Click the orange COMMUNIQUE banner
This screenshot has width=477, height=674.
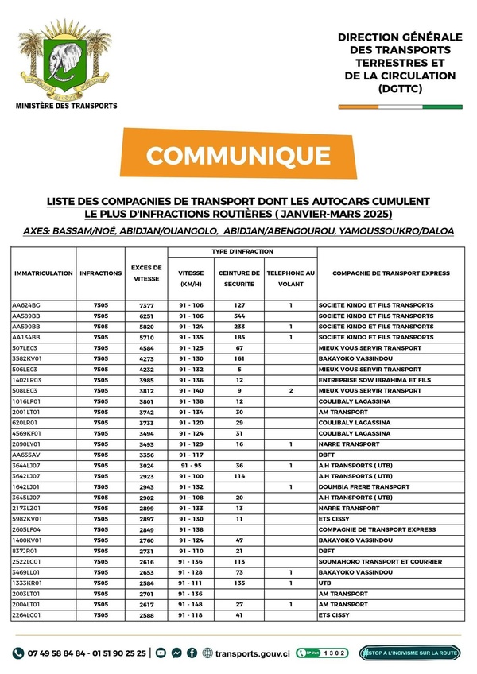(x=238, y=153)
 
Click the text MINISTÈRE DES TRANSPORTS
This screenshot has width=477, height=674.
(x=67, y=106)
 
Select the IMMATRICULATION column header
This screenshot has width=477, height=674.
(x=44, y=273)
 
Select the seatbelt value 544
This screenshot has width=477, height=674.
(x=239, y=316)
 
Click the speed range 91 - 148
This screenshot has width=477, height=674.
(x=191, y=604)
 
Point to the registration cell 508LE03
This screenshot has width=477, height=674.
(x=25, y=391)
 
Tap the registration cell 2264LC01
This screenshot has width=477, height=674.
(x=28, y=615)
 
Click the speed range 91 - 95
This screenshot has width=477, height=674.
(x=191, y=466)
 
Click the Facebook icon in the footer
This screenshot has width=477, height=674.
(x=192, y=653)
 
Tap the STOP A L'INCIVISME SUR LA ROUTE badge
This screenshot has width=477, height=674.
(x=410, y=653)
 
